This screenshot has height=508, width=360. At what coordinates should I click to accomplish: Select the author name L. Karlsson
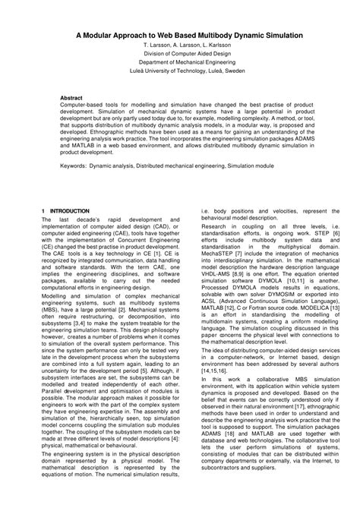click(x=222, y=46)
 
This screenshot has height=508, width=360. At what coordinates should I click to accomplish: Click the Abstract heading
click(x=71, y=99)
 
